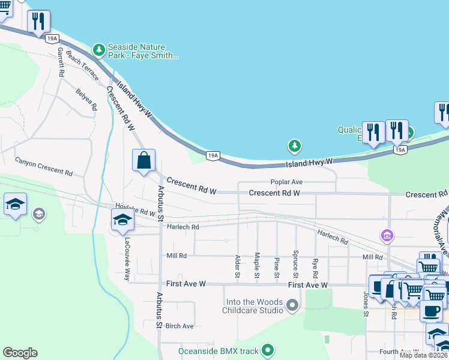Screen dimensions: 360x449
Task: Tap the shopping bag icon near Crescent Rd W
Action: coord(143,161)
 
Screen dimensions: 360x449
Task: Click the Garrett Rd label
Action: coord(61,62)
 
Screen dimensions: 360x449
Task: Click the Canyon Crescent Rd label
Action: coord(44,166)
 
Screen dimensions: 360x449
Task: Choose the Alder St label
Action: coord(238,266)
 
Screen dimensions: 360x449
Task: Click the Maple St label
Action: coord(257,265)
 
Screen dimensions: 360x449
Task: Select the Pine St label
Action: coord(276,267)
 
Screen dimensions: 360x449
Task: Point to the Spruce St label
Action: coord(295,264)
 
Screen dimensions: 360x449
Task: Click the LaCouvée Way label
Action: coord(127,259)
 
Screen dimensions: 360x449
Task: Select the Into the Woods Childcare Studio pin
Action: coord(293,306)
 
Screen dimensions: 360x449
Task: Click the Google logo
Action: coord(20,353)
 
